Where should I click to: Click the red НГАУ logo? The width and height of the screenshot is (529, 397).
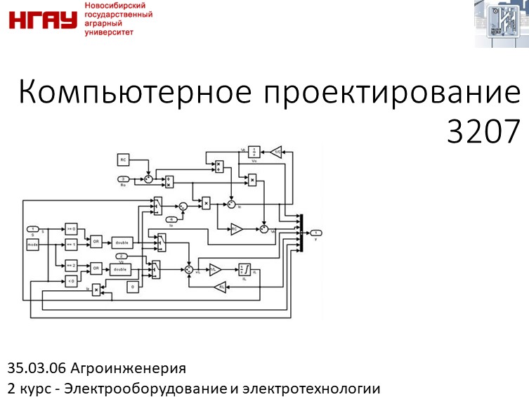42,19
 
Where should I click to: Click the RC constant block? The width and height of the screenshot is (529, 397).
123,160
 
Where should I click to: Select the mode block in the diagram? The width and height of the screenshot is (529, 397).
33,245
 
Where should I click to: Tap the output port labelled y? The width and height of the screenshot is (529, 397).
317,233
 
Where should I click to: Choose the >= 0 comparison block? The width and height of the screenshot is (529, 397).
71,228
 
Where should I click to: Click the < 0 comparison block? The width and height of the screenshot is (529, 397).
71,281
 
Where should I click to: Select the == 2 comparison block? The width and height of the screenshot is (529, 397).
71,264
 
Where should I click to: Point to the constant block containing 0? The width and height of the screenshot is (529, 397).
131,286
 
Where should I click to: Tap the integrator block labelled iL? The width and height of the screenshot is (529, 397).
244,269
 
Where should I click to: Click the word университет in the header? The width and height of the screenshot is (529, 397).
108,32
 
